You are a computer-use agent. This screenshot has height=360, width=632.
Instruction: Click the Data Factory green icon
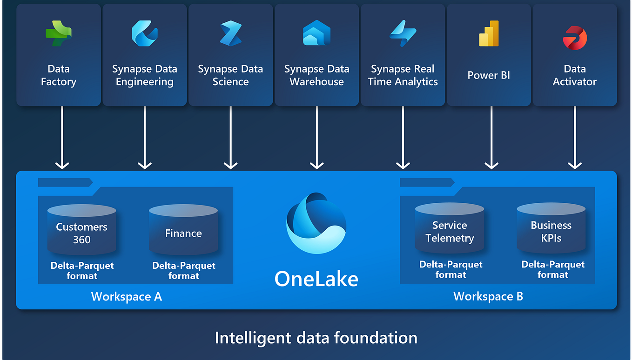click(x=59, y=33)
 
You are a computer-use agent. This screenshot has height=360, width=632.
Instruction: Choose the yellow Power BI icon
click(x=489, y=33)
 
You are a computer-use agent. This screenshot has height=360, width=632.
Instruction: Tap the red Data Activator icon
click(x=575, y=37)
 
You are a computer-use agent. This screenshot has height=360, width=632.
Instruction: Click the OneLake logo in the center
click(x=316, y=223)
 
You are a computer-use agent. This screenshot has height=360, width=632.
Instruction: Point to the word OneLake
click(x=316, y=279)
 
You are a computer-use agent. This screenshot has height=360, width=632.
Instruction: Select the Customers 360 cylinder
click(x=81, y=230)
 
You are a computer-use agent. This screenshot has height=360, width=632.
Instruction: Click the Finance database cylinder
click(x=183, y=230)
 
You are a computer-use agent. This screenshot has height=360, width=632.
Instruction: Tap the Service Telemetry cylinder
click(x=450, y=229)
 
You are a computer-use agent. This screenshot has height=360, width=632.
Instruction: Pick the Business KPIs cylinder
click(x=551, y=229)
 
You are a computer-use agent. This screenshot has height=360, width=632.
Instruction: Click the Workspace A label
click(x=127, y=297)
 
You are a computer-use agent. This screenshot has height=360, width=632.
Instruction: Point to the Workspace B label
click(x=488, y=296)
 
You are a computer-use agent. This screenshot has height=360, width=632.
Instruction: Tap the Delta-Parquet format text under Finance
click(x=183, y=271)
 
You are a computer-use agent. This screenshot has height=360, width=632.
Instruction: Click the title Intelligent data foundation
click(x=316, y=337)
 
